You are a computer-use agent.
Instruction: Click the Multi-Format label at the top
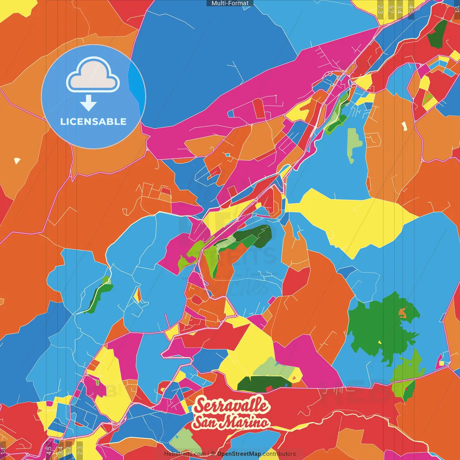(230, 3)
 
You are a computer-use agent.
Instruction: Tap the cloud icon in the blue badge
(93, 75)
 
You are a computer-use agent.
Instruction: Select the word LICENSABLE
(93, 121)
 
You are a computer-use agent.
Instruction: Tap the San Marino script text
(231, 422)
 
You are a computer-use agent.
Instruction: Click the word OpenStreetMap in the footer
(239, 454)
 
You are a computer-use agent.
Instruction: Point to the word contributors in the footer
(279, 454)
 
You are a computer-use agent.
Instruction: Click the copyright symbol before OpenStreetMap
(213, 454)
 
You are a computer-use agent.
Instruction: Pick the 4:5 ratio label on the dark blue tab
(411, 9)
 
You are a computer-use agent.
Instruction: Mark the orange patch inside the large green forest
(402, 313)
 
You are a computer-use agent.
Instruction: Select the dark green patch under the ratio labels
(438, 34)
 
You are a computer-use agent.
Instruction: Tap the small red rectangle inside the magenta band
(259, 108)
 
